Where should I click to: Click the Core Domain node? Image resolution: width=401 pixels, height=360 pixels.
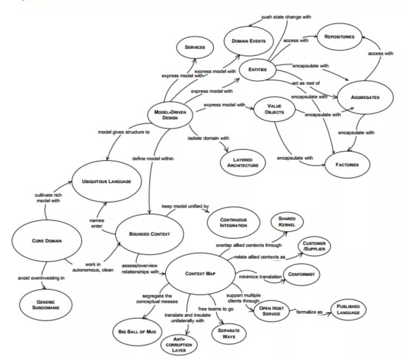[x=47, y=241]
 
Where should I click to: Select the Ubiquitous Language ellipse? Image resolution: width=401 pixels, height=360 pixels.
[x=106, y=181]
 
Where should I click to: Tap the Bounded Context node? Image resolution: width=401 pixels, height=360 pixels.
[x=149, y=234]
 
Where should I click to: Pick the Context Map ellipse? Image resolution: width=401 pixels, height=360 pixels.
[x=200, y=274]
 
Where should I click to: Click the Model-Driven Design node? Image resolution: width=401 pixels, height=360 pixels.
[x=170, y=115]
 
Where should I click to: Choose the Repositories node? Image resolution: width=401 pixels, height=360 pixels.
[x=339, y=37]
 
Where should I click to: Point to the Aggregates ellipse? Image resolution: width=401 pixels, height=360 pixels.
[x=365, y=97]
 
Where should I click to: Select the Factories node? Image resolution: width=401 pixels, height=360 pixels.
[x=347, y=165]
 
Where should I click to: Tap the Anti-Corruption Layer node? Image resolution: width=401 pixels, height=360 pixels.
[x=179, y=344]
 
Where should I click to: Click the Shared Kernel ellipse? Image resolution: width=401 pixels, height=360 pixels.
[x=287, y=222]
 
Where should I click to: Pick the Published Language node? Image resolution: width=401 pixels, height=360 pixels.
[x=348, y=309]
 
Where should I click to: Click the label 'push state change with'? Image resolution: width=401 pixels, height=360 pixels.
[x=286, y=17]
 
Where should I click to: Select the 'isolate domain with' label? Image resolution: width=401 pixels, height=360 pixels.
[x=208, y=138]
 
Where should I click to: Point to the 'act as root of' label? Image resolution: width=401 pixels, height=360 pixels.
[x=306, y=83]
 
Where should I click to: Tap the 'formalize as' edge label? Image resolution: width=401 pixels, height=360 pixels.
[x=309, y=312]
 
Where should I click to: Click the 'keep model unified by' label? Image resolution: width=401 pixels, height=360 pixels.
[x=185, y=206]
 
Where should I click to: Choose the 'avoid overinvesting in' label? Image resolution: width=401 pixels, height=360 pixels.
[x=41, y=278]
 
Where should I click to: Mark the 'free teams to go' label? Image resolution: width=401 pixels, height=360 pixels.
[x=216, y=309]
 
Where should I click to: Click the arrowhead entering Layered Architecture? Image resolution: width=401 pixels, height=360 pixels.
[x=226, y=150]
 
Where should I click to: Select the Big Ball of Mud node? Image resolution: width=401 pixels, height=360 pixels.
[x=138, y=332]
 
